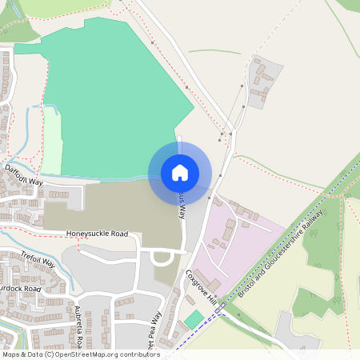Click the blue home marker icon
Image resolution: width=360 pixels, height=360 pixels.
click(x=180, y=172)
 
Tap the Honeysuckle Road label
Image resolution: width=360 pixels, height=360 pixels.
click(x=97, y=234)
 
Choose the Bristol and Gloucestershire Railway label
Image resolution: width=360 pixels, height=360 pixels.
click(x=280, y=251)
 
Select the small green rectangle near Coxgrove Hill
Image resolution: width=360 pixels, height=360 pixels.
click(x=194, y=319)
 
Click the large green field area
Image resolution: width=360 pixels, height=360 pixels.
click(x=112, y=96)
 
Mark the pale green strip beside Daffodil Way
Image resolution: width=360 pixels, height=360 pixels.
click(x=51, y=140)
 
